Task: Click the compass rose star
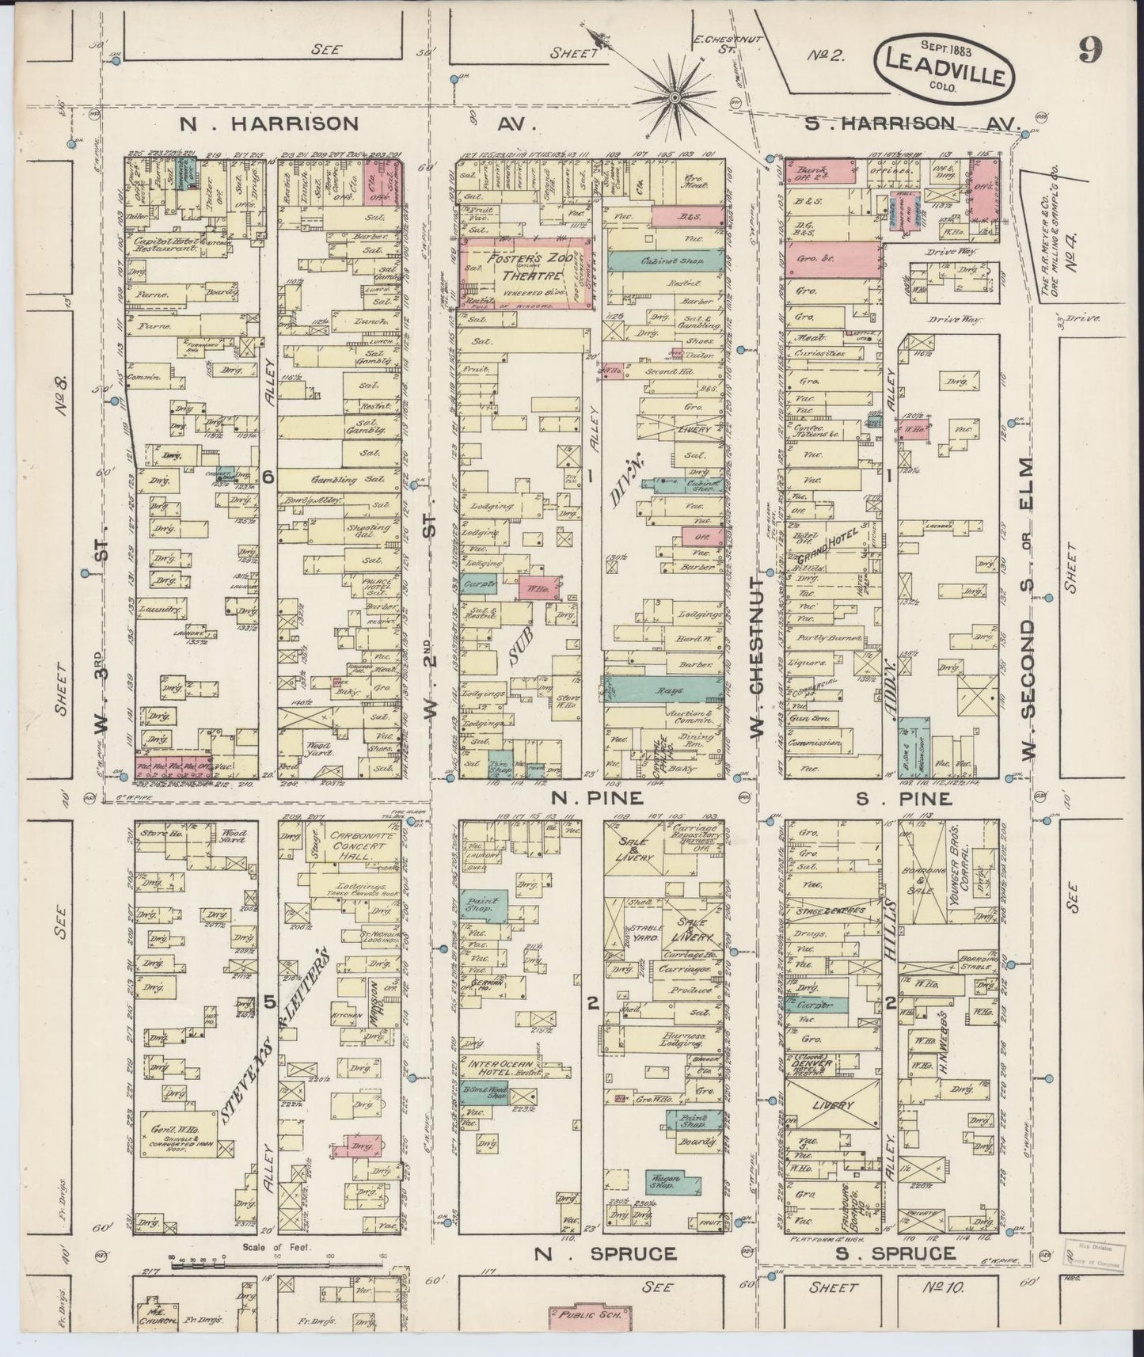click(x=675, y=97)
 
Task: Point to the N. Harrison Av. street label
click(x=269, y=124)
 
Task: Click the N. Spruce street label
click(x=606, y=1253)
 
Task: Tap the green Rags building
click(x=663, y=690)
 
